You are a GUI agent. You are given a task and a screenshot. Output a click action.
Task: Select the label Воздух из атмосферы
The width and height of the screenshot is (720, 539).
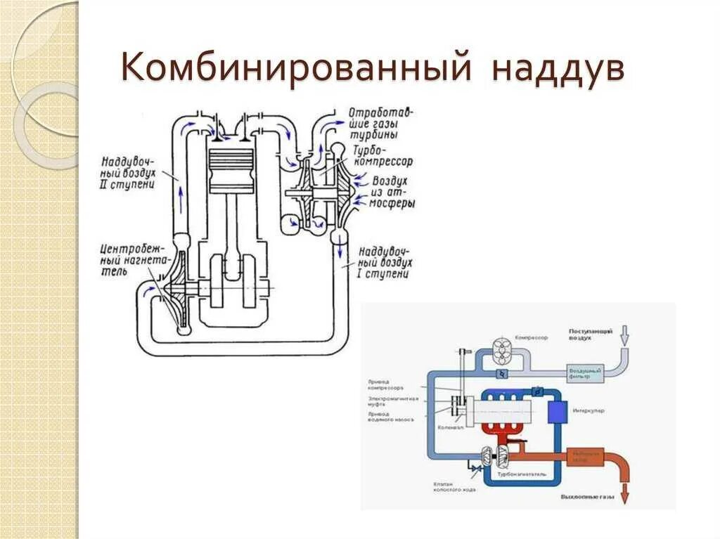[391, 192]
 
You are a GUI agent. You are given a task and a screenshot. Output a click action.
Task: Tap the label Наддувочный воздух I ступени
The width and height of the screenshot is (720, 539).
[384, 263]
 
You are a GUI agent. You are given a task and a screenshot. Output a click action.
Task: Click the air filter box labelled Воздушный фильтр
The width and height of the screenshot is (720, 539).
[585, 373]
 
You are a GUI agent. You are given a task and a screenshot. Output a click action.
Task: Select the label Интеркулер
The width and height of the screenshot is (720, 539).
[589, 410]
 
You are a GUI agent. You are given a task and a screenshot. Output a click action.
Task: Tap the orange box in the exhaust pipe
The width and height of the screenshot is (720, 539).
[585, 457]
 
